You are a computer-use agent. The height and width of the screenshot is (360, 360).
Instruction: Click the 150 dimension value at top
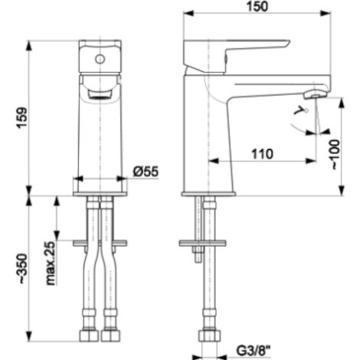(257, 6)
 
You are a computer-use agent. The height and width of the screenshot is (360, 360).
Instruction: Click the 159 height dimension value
(21, 118)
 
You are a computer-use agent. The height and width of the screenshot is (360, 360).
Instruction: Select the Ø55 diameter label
(146, 172)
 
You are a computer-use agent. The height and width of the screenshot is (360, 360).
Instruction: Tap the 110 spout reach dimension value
(262, 154)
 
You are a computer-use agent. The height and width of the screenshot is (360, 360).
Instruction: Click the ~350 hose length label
(21, 268)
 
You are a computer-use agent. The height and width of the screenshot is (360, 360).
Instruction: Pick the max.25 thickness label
(51, 263)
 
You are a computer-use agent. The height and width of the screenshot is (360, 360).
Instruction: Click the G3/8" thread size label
(253, 351)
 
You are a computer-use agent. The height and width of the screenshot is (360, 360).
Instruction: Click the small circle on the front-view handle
(100, 59)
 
